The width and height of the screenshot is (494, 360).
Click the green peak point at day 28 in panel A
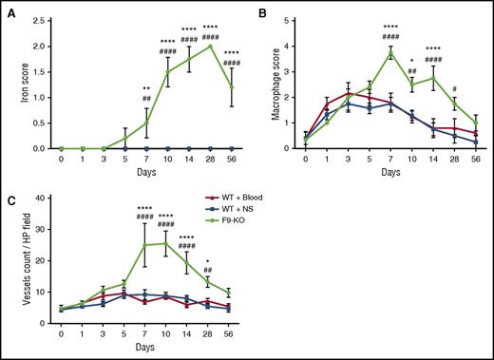click(x=208, y=46)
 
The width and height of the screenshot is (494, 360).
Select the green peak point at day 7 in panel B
click(x=387, y=53)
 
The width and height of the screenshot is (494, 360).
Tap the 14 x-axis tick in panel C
click(x=187, y=334)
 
